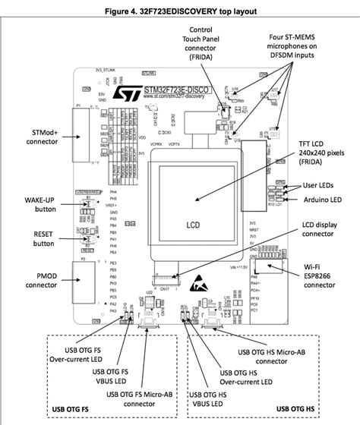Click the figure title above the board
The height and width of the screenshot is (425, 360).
tap(179, 11)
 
